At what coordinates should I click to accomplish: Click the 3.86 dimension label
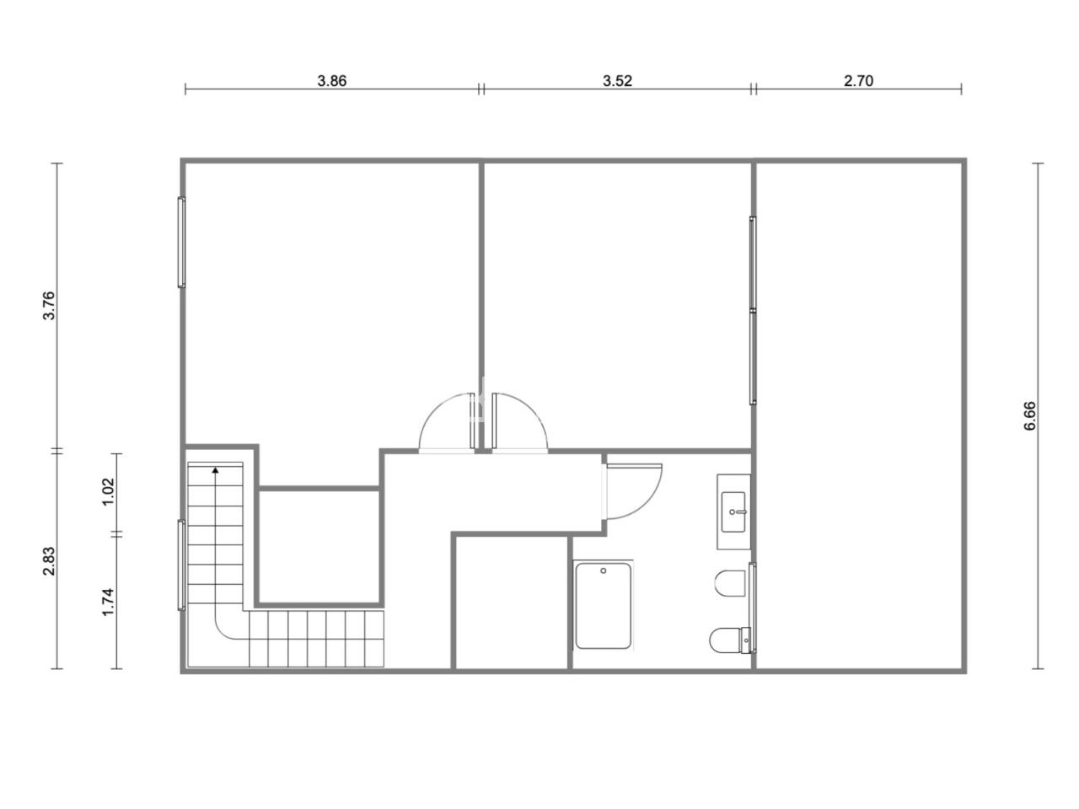pos(332,81)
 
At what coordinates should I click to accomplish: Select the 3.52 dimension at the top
pos(617,81)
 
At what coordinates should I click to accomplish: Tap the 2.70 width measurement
pos(858,81)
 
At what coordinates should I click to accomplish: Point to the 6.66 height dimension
pos(1029,415)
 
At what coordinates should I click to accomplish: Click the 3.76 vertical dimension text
pos(50,306)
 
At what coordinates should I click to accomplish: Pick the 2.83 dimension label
pos(50,561)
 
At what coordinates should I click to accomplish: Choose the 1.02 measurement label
pos(108,491)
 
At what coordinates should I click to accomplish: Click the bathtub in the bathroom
pos(604,606)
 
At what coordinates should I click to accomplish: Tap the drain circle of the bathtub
pos(604,571)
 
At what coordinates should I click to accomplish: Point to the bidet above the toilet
pos(730,583)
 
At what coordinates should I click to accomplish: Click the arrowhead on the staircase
pos(215,470)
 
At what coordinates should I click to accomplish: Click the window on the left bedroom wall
pos(181,242)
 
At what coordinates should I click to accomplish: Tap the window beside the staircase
pos(181,565)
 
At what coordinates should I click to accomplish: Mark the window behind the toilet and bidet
pos(753,608)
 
